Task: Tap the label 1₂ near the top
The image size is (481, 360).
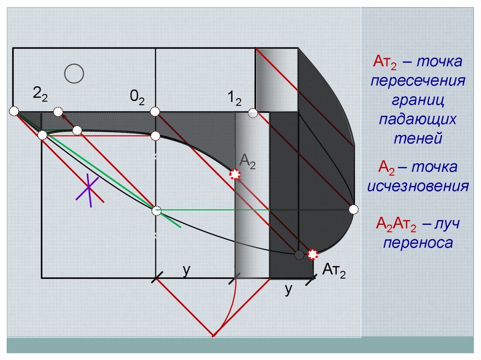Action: (234, 99)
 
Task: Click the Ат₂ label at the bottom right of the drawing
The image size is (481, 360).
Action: (334, 272)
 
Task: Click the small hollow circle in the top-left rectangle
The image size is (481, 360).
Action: (74, 74)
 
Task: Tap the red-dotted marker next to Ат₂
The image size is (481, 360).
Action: (313, 254)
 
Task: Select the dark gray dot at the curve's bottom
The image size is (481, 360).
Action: (299, 255)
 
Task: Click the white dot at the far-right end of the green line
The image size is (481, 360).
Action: (354, 209)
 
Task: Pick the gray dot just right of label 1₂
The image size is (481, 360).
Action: (253, 113)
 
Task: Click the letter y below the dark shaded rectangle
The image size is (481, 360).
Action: (288, 290)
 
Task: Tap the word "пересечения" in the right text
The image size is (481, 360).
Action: (418, 80)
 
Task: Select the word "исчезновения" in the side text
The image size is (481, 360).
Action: (418, 186)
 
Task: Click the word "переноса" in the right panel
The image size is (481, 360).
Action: (418, 243)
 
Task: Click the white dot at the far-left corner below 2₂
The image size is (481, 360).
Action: (14, 111)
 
